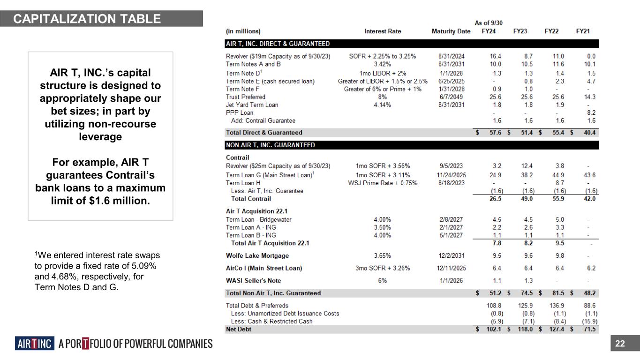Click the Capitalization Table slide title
[x=87, y=19]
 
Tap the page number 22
[x=620, y=344]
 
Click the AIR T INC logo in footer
[x=35, y=344]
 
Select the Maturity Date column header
[x=451, y=31]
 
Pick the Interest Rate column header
[x=383, y=31]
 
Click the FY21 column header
[x=583, y=31]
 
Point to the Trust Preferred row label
[x=246, y=97]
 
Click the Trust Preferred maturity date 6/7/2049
[x=451, y=97]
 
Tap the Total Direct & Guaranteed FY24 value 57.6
[x=495, y=133]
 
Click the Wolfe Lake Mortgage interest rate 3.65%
[x=383, y=255]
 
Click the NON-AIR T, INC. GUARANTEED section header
[x=271, y=145]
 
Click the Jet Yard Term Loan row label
[x=252, y=105]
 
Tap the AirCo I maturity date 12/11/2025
[x=451, y=268]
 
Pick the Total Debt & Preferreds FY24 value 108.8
[x=495, y=306]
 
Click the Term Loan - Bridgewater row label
[x=259, y=219]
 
